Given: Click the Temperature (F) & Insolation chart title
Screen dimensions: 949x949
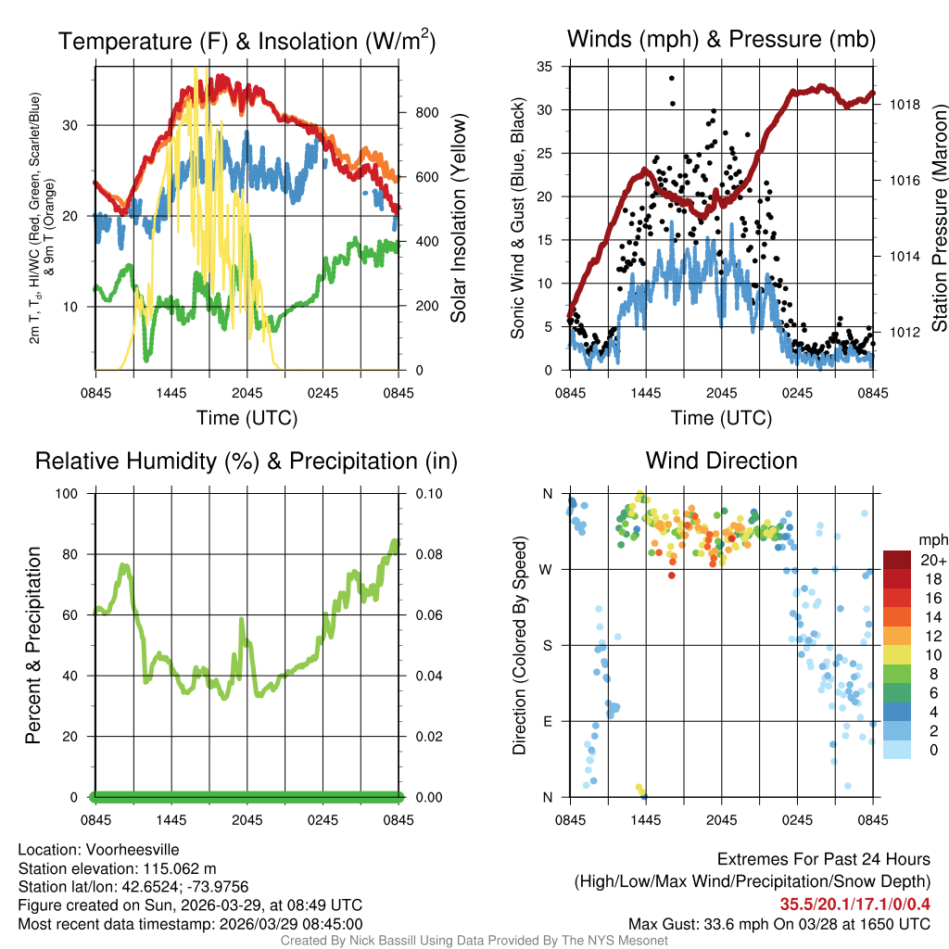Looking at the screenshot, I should [247, 41].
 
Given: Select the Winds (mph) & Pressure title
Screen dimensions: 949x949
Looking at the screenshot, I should [721, 39].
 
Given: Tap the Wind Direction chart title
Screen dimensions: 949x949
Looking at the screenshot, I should [721, 461].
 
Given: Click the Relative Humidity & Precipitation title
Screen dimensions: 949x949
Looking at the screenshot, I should [246, 461].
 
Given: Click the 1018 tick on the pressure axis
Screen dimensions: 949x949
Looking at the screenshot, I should [905, 105].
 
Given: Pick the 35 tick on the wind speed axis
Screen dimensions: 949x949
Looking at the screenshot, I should [545, 67].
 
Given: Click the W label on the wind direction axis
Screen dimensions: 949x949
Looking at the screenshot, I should [548, 569].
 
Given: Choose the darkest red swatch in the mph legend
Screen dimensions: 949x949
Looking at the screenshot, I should [897, 560].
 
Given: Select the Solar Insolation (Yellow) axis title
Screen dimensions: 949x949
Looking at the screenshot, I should [459, 219].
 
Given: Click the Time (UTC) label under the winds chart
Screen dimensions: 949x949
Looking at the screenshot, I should [721, 418].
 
